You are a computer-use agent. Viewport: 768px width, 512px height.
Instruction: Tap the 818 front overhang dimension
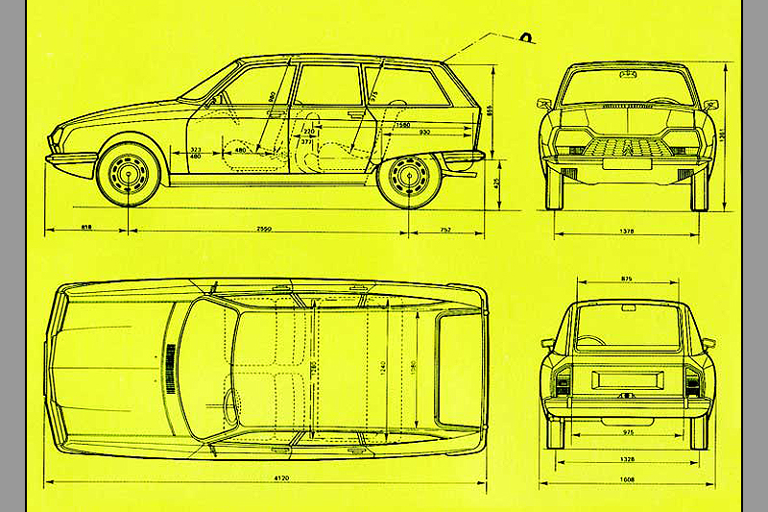(x=86, y=230)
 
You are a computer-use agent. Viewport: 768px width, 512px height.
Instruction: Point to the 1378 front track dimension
(x=629, y=232)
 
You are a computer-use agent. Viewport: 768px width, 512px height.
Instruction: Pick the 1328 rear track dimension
(x=628, y=459)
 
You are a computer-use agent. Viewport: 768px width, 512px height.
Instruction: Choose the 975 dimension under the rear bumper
(x=628, y=434)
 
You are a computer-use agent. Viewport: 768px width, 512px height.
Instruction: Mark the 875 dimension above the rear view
(x=628, y=280)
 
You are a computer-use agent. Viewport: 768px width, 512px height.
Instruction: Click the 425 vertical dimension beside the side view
(x=497, y=183)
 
